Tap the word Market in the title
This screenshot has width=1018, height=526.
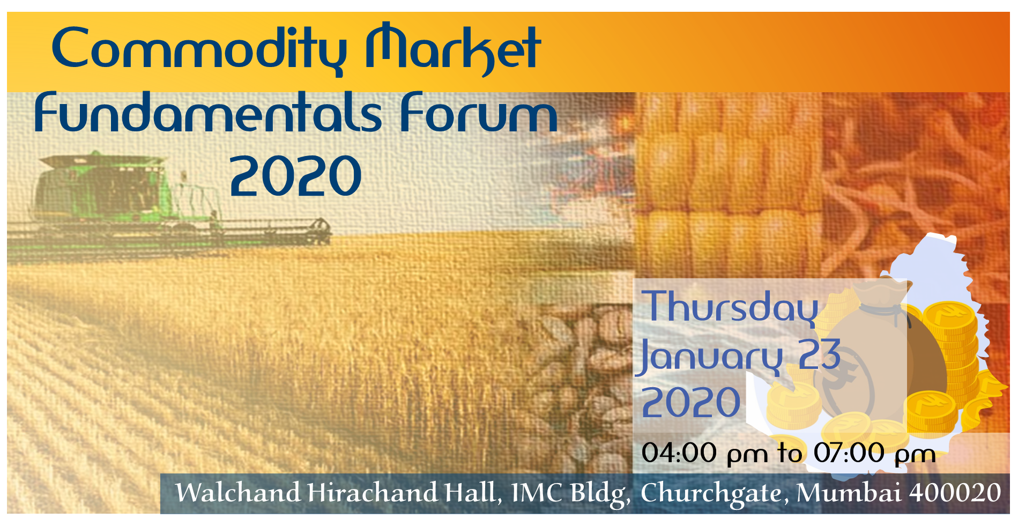tap(453, 49)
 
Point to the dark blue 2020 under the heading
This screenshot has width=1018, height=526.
tap(296, 176)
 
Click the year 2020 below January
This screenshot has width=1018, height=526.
tap(691, 402)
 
